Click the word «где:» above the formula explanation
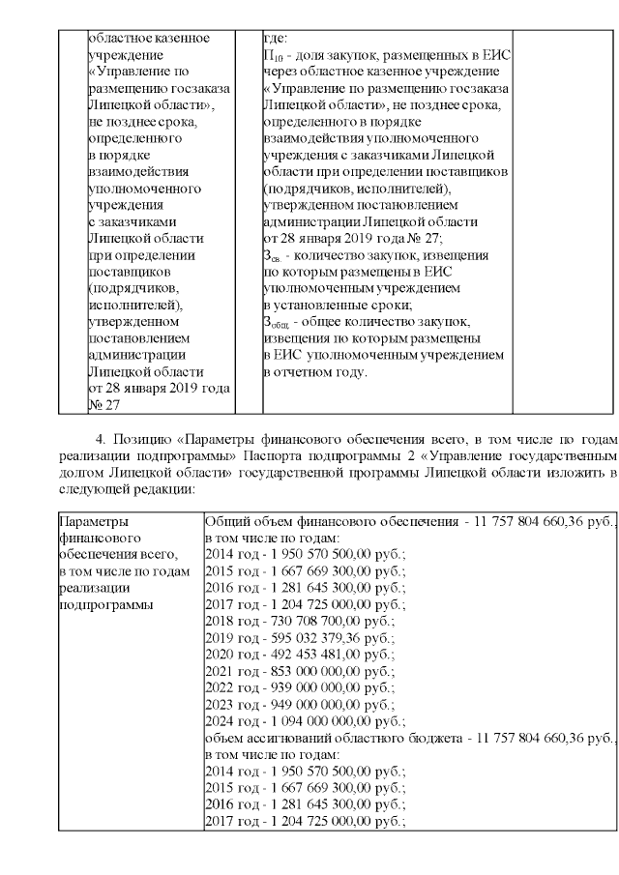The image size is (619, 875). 276,39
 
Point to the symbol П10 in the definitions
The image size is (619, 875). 273,56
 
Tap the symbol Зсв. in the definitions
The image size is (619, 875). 272,256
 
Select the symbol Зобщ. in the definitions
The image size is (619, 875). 276,323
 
